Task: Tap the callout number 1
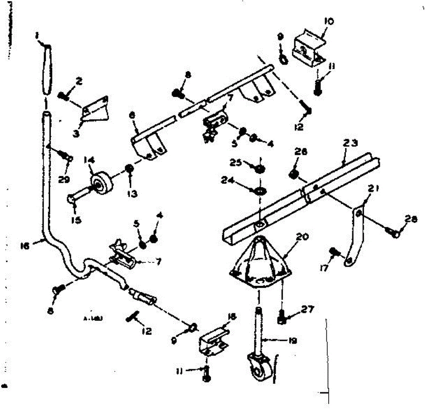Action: pyautogui.click(x=37, y=35)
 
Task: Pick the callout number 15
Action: pyautogui.click(x=76, y=220)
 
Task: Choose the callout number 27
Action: pyautogui.click(x=307, y=309)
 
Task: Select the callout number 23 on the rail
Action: pyautogui.click(x=350, y=143)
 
